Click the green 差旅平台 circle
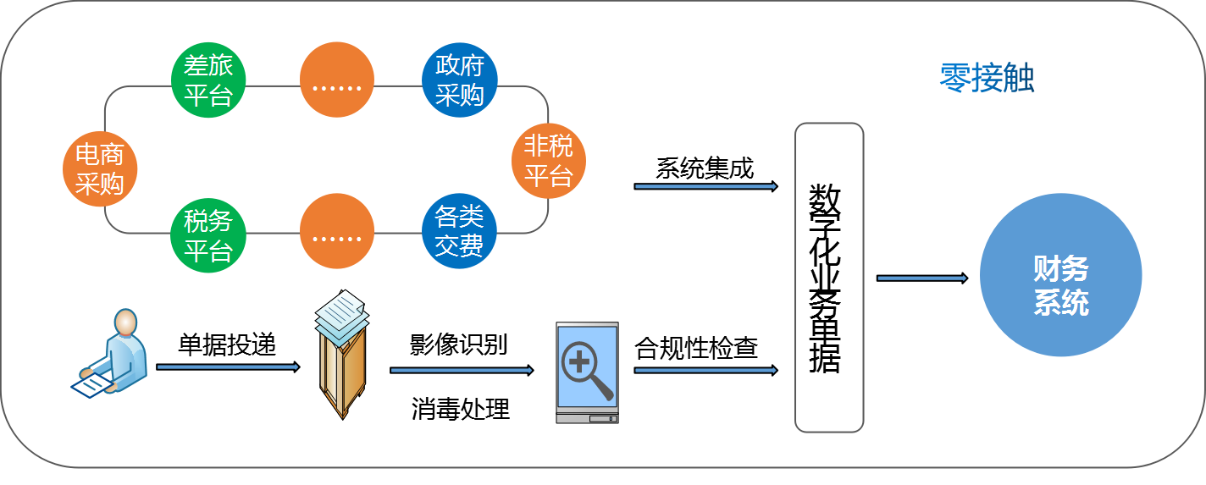(x=208, y=80)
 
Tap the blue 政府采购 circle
(x=459, y=80)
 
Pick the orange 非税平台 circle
(x=549, y=161)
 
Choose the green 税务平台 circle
(x=208, y=236)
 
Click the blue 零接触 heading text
(x=987, y=79)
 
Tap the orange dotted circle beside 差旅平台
(x=337, y=80)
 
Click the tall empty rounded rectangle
(x=828, y=278)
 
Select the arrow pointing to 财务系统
(x=921, y=278)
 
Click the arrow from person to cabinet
(x=227, y=367)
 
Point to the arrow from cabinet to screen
(x=461, y=370)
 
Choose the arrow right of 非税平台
(x=705, y=186)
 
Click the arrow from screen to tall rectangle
(x=705, y=370)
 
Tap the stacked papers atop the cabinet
(x=342, y=315)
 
